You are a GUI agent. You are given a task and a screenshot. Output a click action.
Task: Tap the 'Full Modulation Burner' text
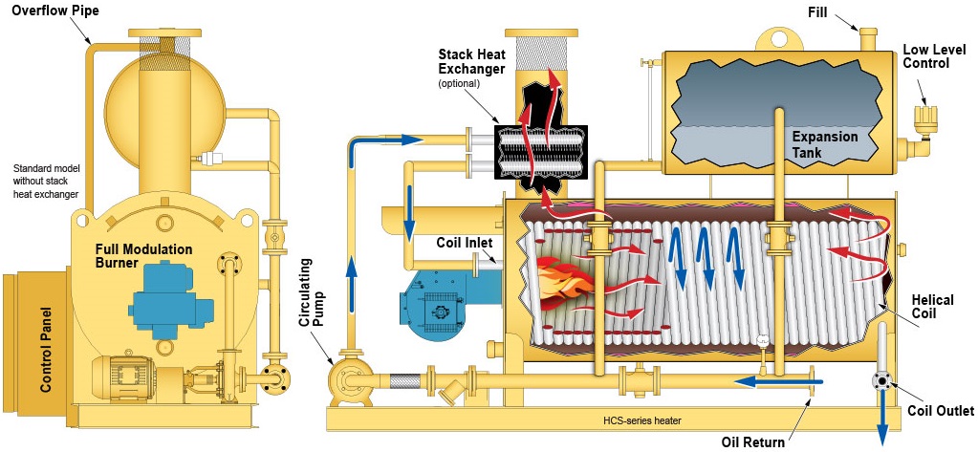coord(143,256)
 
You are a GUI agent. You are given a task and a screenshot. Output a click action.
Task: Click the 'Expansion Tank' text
coord(825,144)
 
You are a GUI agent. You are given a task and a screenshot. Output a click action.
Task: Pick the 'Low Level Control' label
coord(925,56)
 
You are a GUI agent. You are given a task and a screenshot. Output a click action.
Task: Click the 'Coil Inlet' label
coord(465,242)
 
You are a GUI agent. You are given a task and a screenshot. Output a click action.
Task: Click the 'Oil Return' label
coord(753,441)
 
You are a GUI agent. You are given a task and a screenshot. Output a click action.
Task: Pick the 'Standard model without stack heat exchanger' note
coord(45,182)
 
